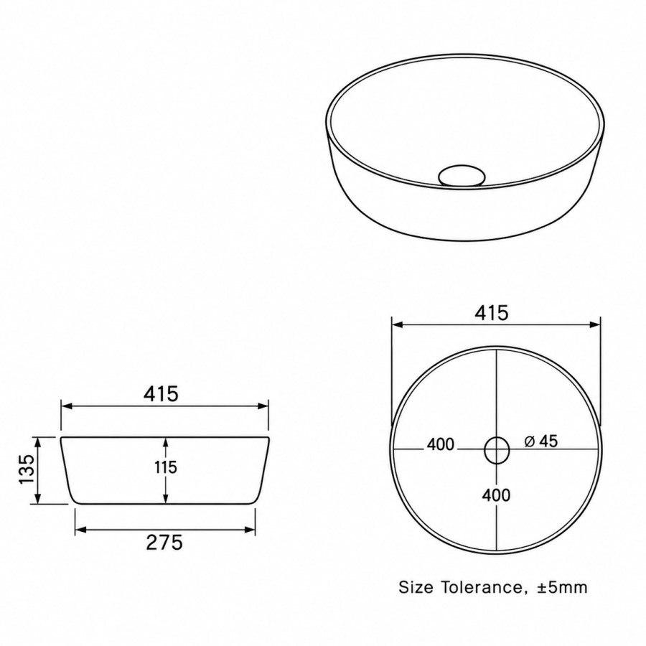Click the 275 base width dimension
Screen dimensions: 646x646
(164, 542)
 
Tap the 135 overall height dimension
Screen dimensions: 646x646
(27, 469)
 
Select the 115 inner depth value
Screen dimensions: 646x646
(166, 467)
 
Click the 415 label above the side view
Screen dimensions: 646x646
(161, 393)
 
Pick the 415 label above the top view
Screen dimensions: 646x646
(492, 313)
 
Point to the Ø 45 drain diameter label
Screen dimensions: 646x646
(541, 441)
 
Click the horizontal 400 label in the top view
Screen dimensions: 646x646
(441, 444)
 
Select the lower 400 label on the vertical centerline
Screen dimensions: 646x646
(497, 495)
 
